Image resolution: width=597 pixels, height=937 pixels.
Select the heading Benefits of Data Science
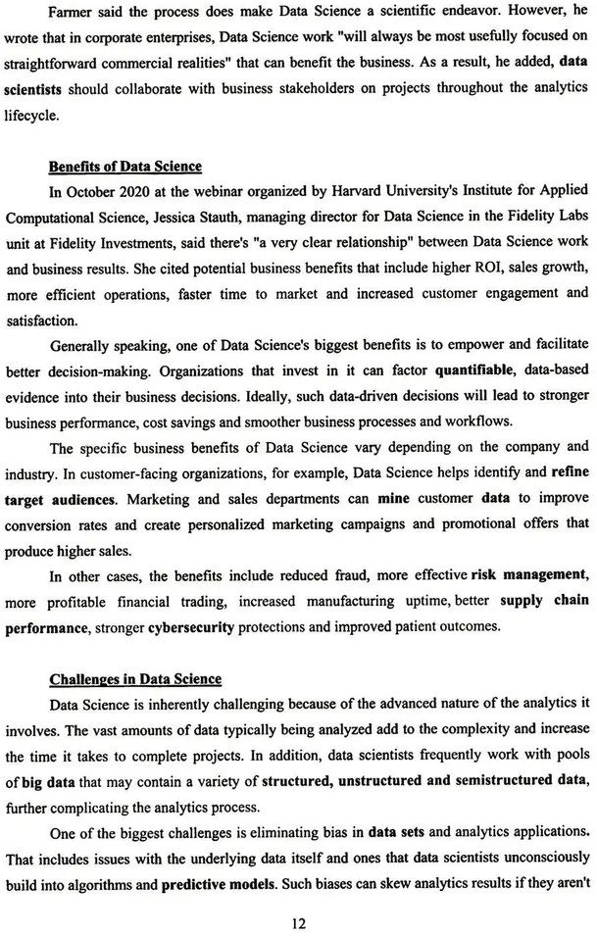125,167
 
